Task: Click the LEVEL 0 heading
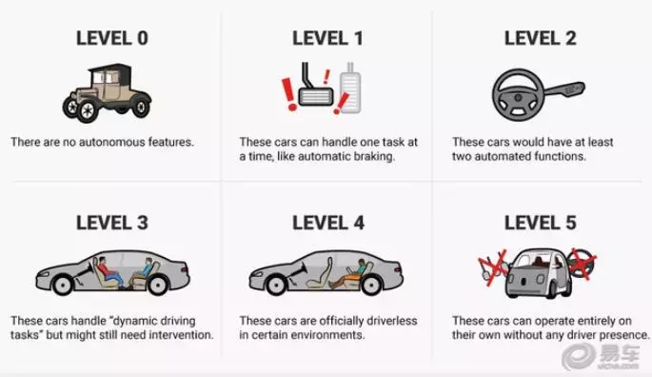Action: tap(112, 38)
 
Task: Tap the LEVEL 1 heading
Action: tap(327, 38)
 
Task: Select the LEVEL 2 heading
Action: tap(540, 38)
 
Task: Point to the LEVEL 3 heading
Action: tap(112, 223)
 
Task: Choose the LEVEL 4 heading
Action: tap(328, 223)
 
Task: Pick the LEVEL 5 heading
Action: tap(540, 223)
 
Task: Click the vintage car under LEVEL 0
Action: tap(107, 92)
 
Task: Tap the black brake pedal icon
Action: tap(315, 87)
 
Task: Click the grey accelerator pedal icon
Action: tap(350, 88)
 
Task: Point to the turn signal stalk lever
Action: tap(564, 90)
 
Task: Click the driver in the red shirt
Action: tap(109, 271)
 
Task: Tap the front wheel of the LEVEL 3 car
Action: tap(63, 285)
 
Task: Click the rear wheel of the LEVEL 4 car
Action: tap(371, 285)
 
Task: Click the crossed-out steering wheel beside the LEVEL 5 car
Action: tap(583, 264)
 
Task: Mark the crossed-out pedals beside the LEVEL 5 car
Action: tap(493, 267)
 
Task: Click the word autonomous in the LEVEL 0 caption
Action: tap(112, 142)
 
